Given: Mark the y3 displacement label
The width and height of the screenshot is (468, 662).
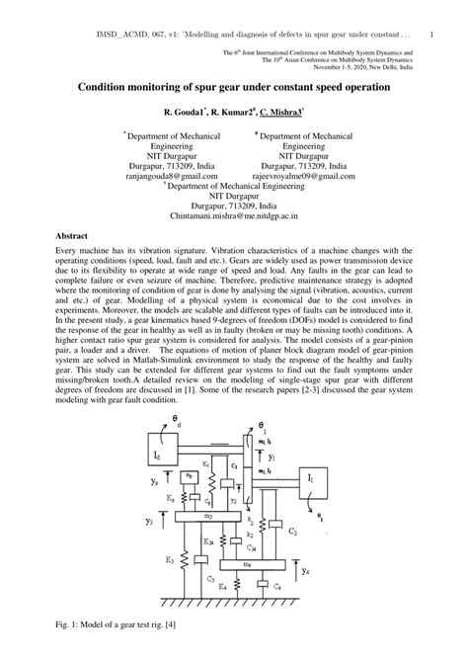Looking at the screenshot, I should tap(148, 518).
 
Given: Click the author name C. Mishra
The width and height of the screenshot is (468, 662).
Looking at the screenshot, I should tap(288, 114).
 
